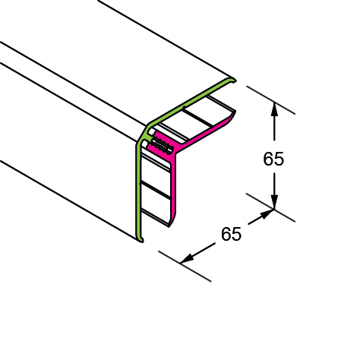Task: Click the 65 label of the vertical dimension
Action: (x=273, y=159)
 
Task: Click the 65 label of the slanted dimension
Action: (x=231, y=234)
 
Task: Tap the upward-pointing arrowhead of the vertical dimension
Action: (x=274, y=109)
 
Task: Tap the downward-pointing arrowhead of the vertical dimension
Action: (x=274, y=202)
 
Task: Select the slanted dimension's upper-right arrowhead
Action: (x=267, y=213)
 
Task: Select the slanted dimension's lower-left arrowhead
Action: (x=188, y=259)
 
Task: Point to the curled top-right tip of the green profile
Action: (x=234, y=80)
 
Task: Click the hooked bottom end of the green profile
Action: (x=141, y=239)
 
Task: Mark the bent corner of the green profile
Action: (x=143, y=132)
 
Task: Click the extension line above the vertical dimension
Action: (x=271, y=100)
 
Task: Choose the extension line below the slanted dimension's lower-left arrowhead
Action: (x=185, y=266)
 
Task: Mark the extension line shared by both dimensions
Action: (x=270, y=207)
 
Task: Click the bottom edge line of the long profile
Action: (x=68, y=200)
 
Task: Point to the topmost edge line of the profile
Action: (x=166, y=39)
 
